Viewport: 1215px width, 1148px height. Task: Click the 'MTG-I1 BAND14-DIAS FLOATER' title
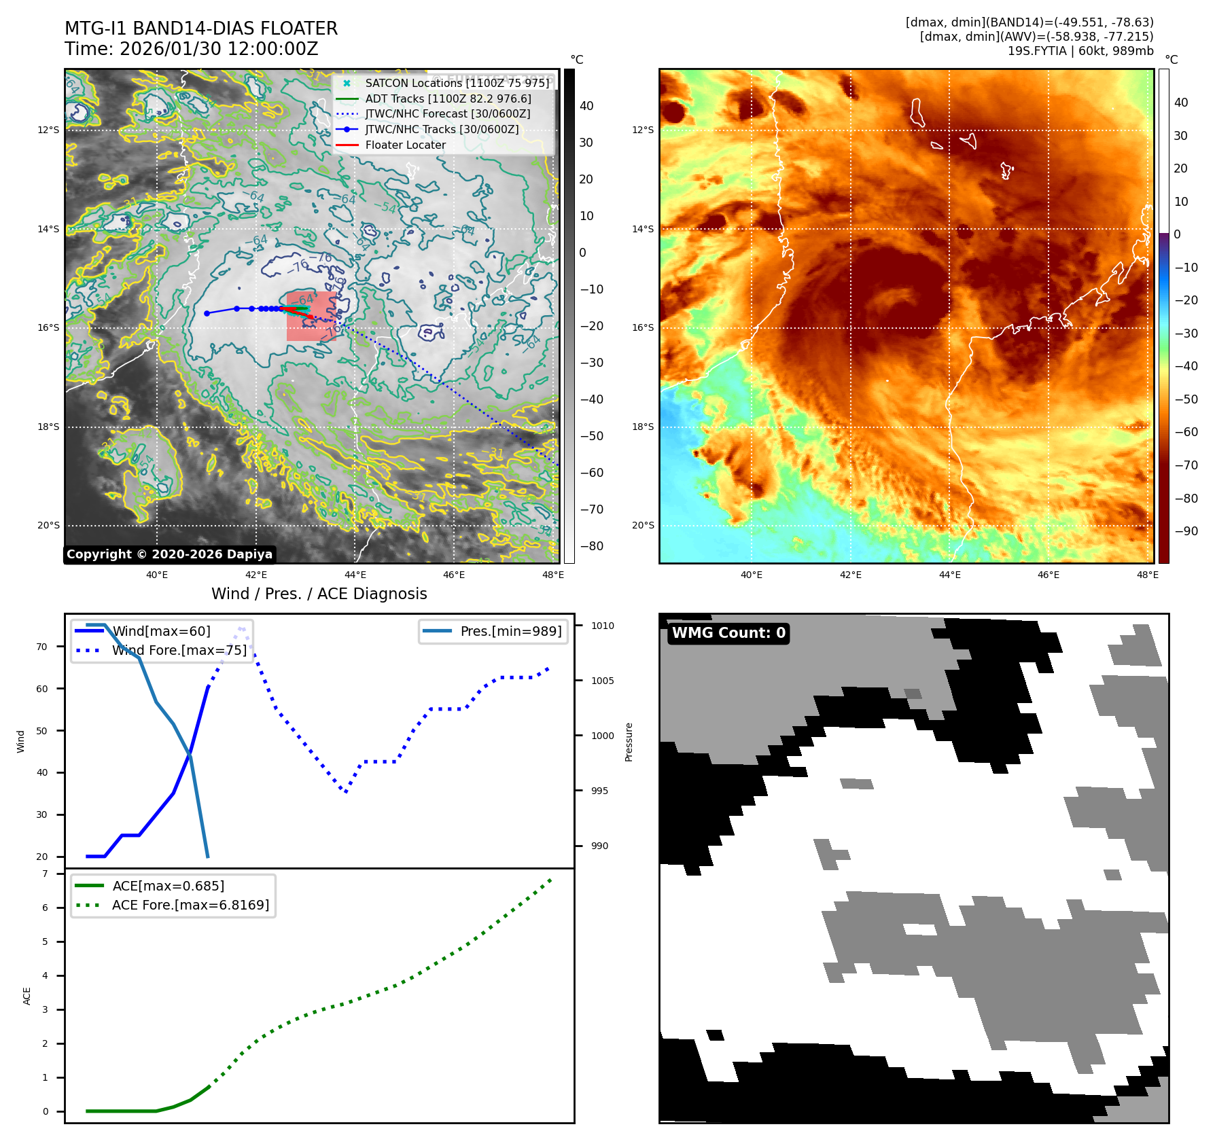[201, 29]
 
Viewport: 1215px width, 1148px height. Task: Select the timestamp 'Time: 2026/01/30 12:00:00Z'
[192, 49]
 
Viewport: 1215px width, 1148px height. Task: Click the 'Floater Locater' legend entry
[405, 145]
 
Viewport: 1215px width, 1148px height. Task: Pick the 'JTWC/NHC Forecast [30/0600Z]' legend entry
[447, 113]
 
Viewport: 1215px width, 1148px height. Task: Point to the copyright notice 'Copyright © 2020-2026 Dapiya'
[169, 554]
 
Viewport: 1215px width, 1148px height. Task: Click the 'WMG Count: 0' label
[728, 633]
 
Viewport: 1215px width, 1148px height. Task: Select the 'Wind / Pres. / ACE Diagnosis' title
[319, 594]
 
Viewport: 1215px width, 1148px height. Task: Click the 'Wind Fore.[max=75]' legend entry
[179, 650]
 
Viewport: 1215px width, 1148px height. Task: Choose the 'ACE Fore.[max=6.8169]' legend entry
[190, 905]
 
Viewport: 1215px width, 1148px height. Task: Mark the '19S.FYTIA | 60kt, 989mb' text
[1080, 51]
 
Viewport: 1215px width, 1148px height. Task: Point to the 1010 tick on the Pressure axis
[602, 626]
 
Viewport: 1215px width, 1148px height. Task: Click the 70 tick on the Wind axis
[42, 647]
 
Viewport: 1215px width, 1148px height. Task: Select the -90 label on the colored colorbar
[1186, 531]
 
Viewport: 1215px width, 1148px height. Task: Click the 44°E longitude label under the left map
[355, 575]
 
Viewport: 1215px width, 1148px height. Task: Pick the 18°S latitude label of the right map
[643, 427]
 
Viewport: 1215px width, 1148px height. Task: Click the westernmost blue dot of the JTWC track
[207, 313]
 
